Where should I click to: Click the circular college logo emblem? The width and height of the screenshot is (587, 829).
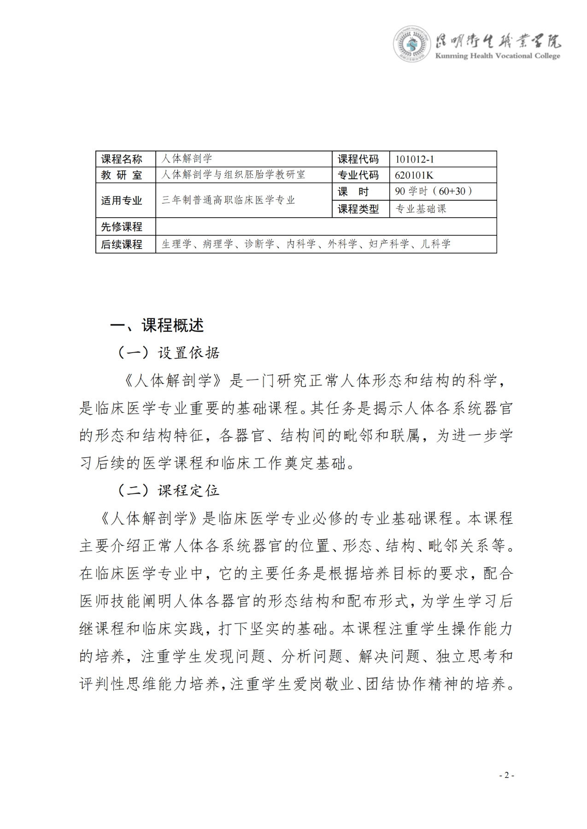tap(411, 44)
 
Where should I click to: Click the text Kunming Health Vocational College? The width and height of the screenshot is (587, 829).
tap(498, 56)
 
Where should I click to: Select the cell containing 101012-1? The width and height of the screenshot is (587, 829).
tap(442, 159)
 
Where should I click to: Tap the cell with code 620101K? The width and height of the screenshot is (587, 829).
tap(442, 175)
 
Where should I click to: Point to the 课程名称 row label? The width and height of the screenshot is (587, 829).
tap(122, 159)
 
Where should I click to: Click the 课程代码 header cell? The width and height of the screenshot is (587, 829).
tap(358, 159)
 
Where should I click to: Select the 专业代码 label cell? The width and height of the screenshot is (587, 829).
tap(358, 175)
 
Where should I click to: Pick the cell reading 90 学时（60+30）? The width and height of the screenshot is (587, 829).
tap(442, 191)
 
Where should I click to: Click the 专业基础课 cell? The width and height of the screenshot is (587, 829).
tap(442, 209)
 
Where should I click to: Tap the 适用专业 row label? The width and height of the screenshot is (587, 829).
tap(122, 200)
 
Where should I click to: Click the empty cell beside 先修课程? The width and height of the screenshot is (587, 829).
tap(326, 226)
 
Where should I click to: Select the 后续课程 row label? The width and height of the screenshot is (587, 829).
tap(122, 244)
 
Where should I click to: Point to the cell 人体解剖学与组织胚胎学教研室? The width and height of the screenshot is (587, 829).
tap(243, 175)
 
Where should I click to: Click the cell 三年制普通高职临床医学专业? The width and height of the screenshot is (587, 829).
tap(243, 200)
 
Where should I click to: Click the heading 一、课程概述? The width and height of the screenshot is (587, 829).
tap(157, 325)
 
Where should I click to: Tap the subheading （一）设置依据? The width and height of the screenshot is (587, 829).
tap(169, 353)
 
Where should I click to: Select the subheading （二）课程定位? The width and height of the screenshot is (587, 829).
tap(169, 491)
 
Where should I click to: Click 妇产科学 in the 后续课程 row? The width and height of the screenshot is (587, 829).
tap(389, 244)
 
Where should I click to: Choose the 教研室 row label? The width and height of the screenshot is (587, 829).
tap(122, 175)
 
